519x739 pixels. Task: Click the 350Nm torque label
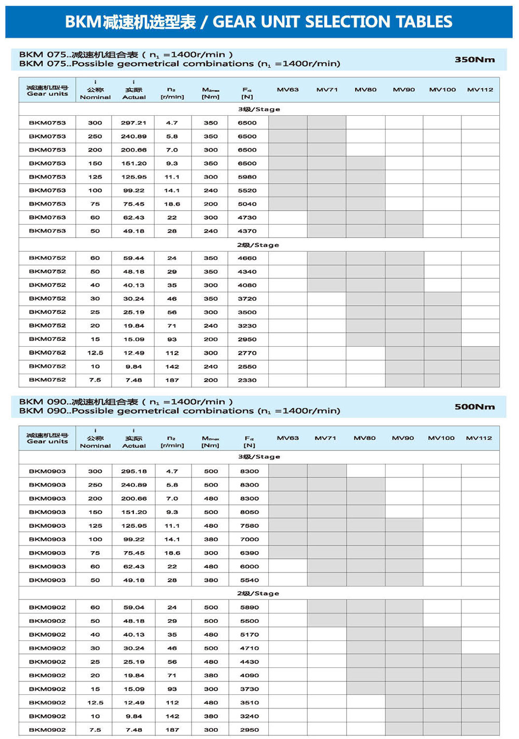pos(474,60)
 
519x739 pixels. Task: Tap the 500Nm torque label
pos(474,407)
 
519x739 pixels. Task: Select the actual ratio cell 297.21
pos(133,123)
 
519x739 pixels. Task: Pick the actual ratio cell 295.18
pos(134,471)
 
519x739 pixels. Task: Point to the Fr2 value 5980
pos(247,177)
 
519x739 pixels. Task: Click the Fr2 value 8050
pos(249,512)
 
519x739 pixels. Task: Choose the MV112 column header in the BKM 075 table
pos(480,90)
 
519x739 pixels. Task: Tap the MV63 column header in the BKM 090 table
pos(288,438)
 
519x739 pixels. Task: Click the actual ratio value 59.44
pos(133,258)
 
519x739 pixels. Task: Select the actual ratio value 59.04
pos(134,607)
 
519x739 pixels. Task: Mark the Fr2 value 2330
pos(247,380)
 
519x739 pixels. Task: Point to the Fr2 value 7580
pos(249,526)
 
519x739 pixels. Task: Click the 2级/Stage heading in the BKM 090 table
pos(258,593)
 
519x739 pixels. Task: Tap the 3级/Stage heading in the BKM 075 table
pos(259,110)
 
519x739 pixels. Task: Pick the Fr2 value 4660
pos(247,258)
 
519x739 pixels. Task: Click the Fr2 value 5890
pos(249,607)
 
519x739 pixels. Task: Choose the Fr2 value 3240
pos(249,716)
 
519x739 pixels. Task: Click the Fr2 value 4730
pos(247,217)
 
